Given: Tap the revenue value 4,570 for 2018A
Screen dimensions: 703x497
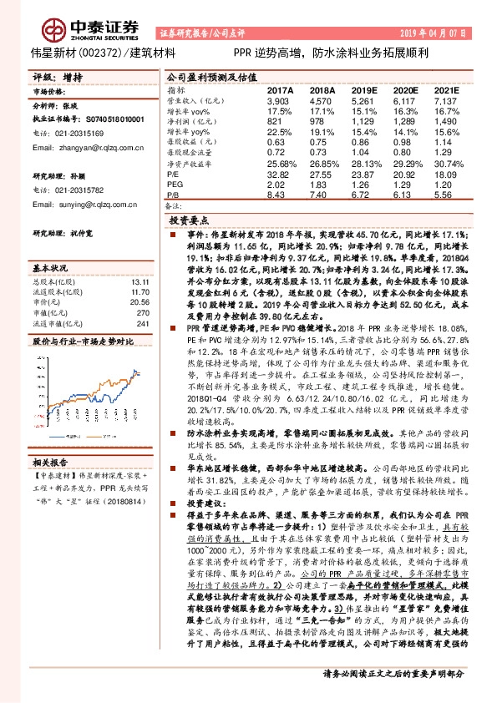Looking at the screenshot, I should click(x=320, y=99).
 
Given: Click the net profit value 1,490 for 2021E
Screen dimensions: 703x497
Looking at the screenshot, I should click(x=445, y=120).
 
